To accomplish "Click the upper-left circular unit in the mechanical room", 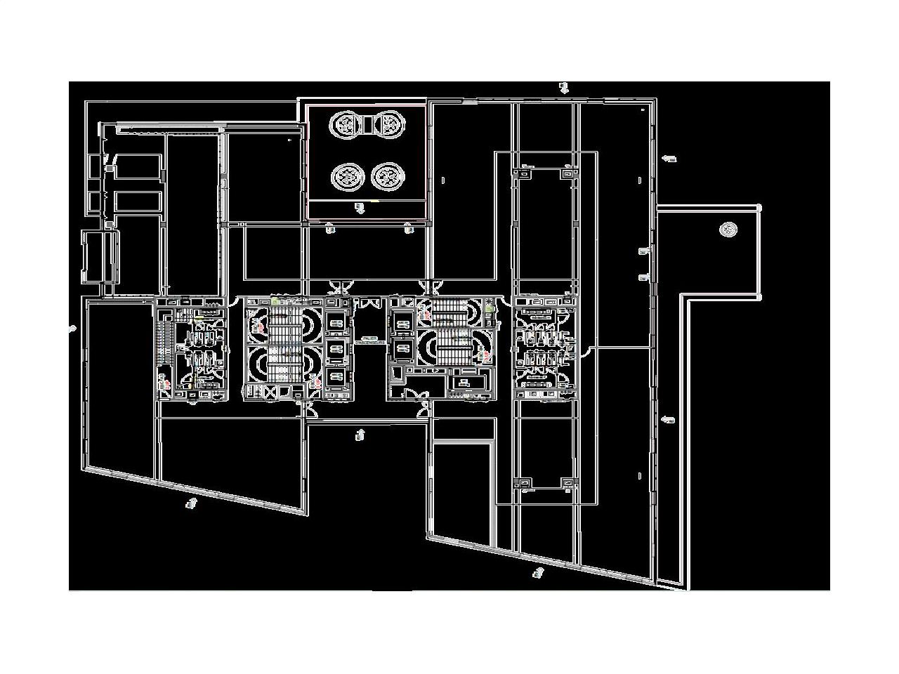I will coord(347,125).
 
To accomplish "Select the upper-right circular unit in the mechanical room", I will coord(388,125).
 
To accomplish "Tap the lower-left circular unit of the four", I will coord(347,176).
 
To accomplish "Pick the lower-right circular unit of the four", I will coord(387,176).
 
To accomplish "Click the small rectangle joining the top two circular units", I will coord(367,125).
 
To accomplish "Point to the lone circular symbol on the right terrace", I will coord(728,229).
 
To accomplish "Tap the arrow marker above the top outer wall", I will coord(563,88).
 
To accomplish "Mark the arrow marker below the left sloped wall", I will coord(190,503).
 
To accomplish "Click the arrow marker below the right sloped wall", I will coord(538,573).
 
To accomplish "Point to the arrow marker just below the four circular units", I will coord(360,208).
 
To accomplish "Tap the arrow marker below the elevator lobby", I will coord(360,435).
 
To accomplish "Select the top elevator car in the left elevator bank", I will coord(336,323).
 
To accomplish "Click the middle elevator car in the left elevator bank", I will coord(336,350).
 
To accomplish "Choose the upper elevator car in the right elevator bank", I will coord(402,323).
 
